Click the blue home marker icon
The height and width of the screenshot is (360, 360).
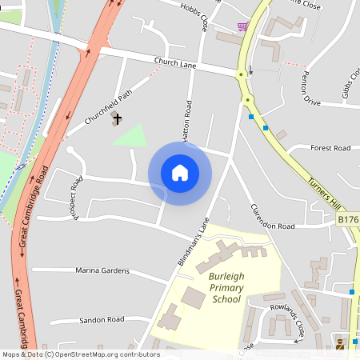[180, 173]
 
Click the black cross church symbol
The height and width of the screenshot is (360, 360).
[118, 119]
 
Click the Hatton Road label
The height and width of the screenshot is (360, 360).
[189, 120]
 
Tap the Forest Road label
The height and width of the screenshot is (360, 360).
[330, 148]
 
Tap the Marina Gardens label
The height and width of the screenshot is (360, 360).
[102, 270]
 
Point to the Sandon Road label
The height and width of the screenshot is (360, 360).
[102, 319]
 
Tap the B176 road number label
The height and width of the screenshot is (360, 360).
[348, 218]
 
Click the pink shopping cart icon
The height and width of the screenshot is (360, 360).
[242, 26]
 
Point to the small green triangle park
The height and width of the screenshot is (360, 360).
[133, 136]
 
